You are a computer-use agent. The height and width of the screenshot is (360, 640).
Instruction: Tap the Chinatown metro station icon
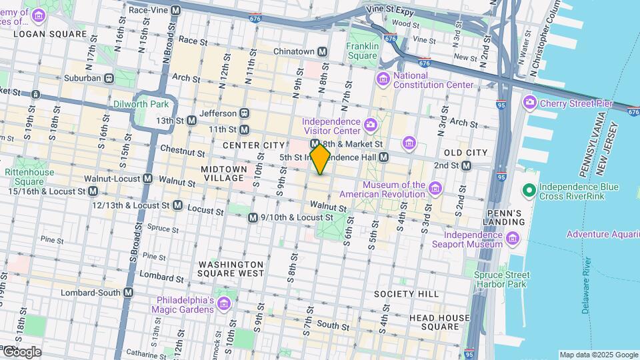[x=322, y=51]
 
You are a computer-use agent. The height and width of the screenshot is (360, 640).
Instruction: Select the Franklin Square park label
[x=363, y=51]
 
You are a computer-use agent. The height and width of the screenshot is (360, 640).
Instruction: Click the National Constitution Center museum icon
[x=383, y=81]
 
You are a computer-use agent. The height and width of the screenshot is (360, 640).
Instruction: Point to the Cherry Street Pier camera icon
[x=530, y=103]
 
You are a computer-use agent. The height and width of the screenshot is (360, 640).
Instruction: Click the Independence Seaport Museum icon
[x=512, y=239]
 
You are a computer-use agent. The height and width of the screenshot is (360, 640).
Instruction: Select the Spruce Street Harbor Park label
[x=502, y=279]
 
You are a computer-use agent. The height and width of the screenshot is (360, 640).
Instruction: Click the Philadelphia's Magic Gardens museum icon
[x=223, y=305]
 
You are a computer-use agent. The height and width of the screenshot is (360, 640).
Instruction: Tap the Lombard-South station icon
[x=129, y=293]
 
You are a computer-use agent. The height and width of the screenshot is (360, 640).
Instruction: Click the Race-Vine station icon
[x=175, y=11]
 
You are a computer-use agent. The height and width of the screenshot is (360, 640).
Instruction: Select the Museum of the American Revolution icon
[x=435, y=189]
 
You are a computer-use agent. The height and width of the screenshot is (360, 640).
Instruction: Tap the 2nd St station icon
[x=467, y=165]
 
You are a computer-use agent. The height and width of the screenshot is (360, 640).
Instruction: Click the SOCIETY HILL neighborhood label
[x=406, y=294]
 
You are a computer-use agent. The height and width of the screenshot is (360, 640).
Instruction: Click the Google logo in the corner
[x=21, y=351]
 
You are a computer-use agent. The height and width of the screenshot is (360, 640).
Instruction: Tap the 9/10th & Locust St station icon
[x=253, y=218]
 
